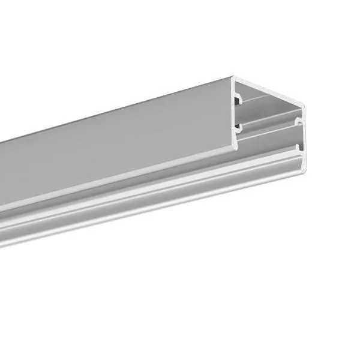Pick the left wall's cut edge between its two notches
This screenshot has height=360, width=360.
point(235,111)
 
